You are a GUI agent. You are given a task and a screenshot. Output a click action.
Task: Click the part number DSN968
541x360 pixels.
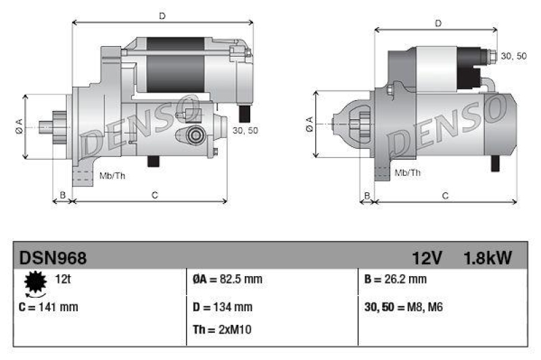[53, 258]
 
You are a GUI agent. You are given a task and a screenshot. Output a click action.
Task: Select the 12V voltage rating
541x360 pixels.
[427, 258]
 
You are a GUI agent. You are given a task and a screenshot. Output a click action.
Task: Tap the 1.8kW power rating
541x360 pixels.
[488, 258]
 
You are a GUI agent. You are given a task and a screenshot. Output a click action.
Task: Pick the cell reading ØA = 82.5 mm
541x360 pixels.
[223, 279]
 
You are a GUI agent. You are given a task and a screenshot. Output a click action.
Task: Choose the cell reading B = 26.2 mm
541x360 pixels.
[395, 279]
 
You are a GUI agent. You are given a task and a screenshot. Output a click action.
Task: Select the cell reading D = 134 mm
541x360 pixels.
[222, 307]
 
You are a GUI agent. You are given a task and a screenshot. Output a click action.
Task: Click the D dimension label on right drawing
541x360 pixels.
[438, 24]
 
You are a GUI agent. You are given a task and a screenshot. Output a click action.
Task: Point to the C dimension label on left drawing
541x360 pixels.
[154, 196]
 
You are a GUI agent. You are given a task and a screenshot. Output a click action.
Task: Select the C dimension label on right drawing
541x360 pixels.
[445, 196]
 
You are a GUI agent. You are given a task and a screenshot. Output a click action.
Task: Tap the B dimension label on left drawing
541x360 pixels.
[62, 196]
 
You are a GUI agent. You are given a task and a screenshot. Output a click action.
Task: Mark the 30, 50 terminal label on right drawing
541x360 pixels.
[513, 55]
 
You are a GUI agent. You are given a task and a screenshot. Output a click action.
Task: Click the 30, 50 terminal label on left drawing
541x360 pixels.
[245, 130]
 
